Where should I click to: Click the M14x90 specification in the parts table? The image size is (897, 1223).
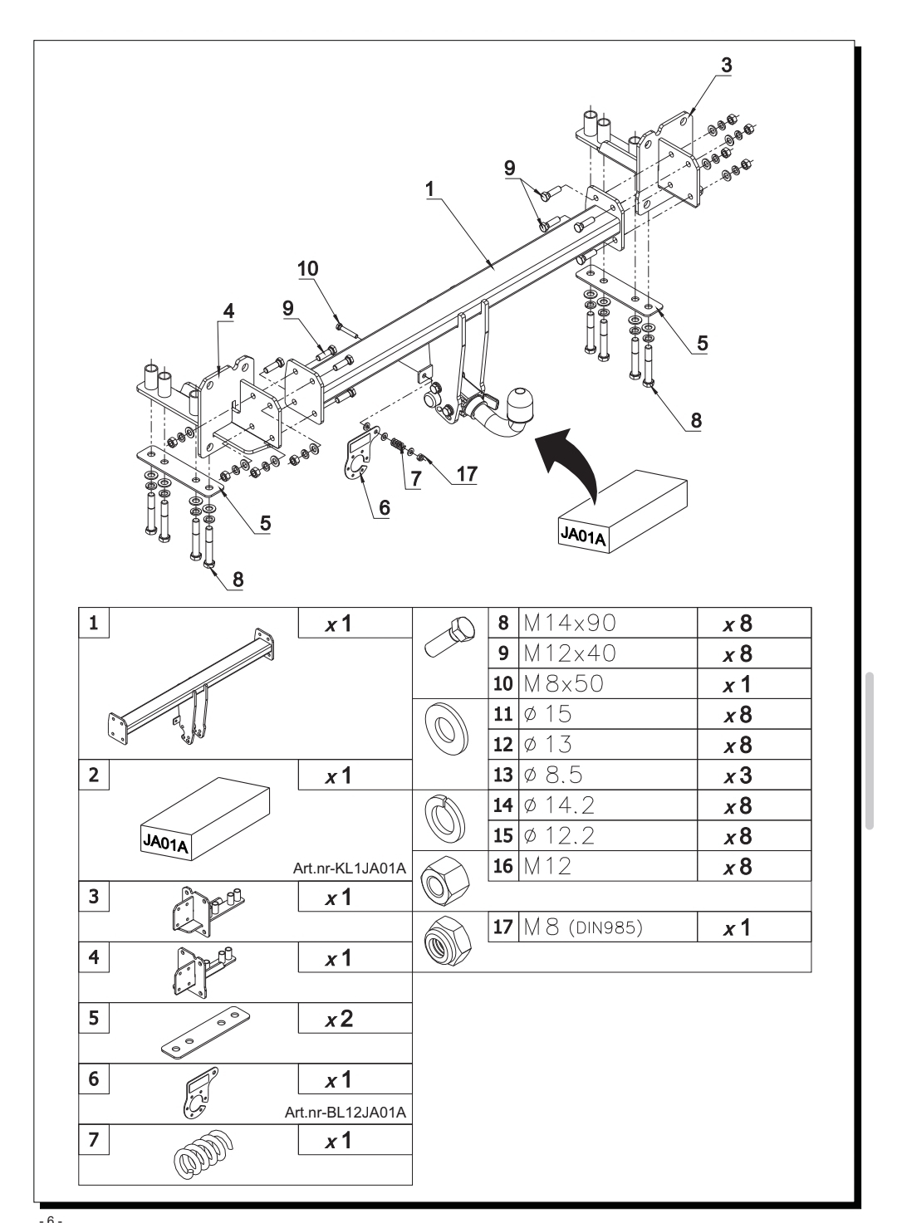coord(569,623)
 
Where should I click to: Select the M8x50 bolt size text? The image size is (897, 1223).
coord(563,683)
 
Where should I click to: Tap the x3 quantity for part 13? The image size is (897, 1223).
coord(738,775)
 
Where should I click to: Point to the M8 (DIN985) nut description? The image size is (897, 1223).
coord(583,927)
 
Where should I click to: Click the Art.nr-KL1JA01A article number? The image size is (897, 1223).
coord(350,868)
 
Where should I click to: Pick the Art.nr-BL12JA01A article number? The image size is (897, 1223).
coord(346,1113)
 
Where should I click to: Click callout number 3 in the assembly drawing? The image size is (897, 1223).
coord(726,65)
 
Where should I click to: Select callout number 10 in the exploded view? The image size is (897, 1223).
coord(308,269)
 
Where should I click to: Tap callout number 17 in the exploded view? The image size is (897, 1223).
coord(467,473)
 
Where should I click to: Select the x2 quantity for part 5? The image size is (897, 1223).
coord(339,1019)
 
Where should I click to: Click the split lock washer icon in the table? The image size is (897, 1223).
coord(444,819)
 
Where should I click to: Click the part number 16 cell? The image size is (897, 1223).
coord(503,866)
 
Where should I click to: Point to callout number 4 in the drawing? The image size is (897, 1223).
coord(229,311)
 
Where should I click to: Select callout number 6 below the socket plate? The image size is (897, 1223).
coord(385,508)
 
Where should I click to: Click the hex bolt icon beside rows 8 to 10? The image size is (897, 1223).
coord(449,638)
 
